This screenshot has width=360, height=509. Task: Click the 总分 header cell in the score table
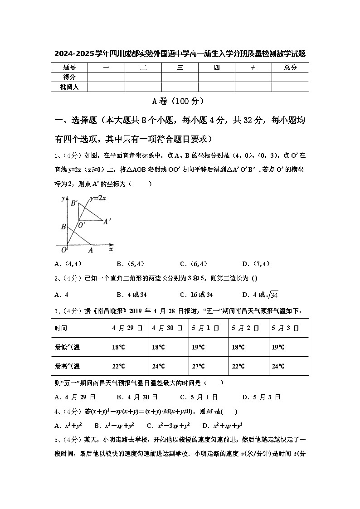[x=290, y=68]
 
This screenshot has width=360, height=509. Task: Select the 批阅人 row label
[x=69, y=87]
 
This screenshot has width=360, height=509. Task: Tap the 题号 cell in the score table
[x=69, y=68]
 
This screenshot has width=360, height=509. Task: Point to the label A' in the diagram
[x=107, y=222]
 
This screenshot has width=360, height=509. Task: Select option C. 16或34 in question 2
[x=196, y=295]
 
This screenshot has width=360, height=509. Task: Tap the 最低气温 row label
[x=67, y=347]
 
